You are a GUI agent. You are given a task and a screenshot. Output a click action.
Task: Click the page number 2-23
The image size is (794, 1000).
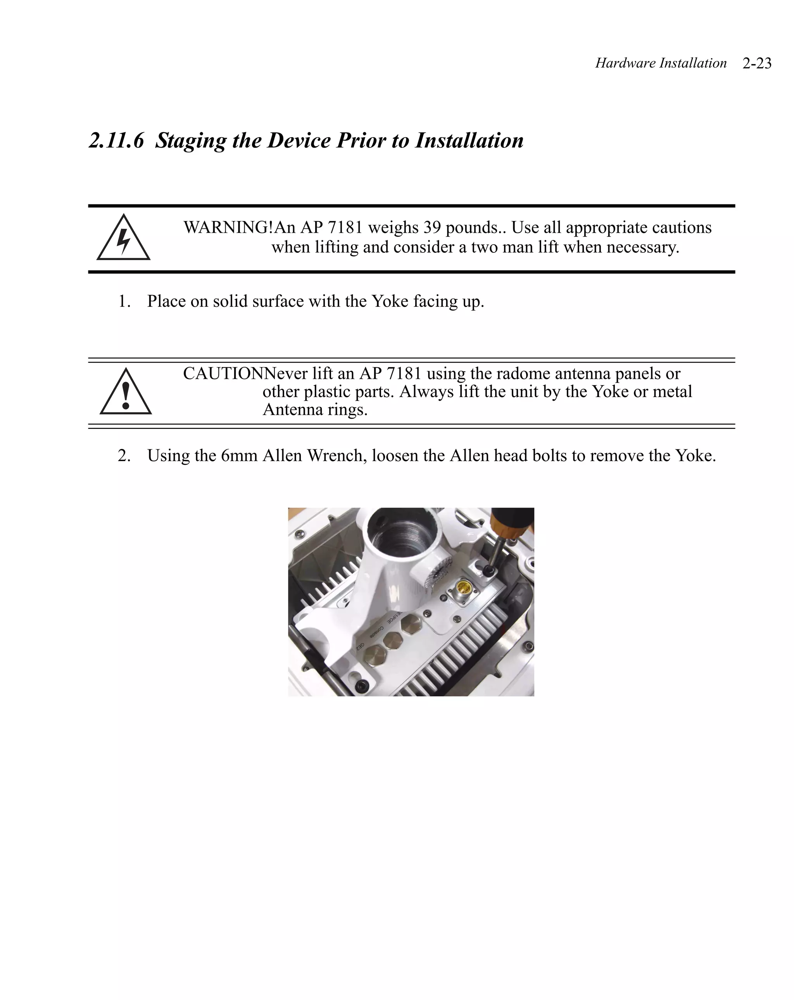point(756,63)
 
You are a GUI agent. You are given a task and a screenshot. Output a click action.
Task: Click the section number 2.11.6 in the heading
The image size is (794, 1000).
point(116,140)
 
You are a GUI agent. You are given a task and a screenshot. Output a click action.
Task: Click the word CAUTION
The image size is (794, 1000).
point(223,373)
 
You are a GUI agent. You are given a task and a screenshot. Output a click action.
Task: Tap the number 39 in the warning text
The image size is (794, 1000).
point(432,227)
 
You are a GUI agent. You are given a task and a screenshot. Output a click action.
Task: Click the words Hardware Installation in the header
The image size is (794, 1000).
point(660,63)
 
